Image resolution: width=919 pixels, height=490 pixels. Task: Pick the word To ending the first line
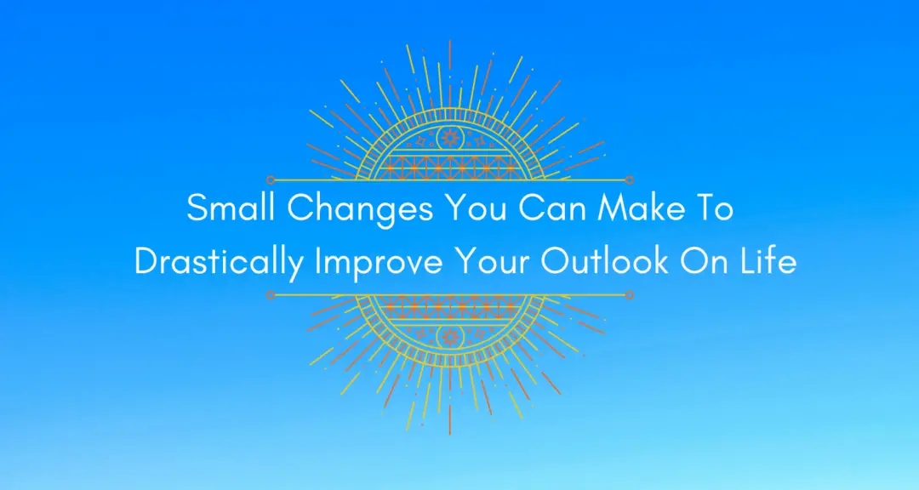[714, 208]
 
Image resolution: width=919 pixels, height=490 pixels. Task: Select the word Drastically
[219, 263]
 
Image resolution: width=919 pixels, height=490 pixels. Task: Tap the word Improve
[379, 264]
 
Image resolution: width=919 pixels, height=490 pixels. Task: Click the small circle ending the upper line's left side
[271, 180]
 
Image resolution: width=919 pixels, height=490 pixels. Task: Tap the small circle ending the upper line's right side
[630, 180]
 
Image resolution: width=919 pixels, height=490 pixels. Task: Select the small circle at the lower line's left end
[271, 295]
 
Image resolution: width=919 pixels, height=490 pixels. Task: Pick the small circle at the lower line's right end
[630, 295]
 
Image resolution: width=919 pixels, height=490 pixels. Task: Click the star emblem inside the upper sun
[449, 139]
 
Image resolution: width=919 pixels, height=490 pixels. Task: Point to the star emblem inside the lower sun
[449, 336]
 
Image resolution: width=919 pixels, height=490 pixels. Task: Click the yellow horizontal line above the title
[449, 180]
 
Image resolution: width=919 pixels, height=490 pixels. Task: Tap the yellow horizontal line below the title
[449, 295]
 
